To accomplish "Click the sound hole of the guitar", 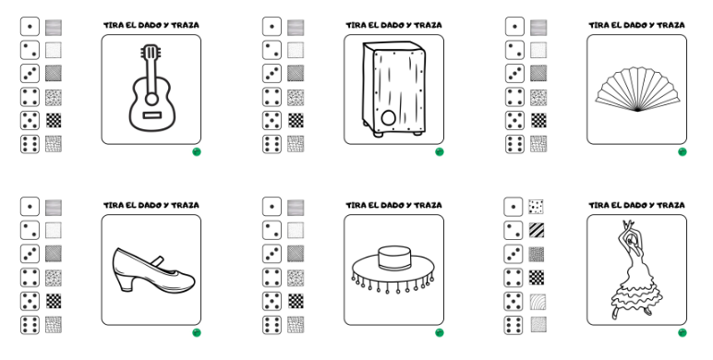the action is (151, 99).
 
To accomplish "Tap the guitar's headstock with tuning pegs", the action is (150, 52).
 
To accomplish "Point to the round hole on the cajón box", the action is (388, 118).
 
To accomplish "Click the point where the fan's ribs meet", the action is (637, 111).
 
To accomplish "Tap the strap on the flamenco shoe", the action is (157, 261).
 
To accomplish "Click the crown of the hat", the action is (394, 258).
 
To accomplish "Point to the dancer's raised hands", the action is (627, 225).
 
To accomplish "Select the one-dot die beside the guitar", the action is (30, 27).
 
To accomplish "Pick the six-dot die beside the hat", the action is (272, 325).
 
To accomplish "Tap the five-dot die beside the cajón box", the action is (272, 120).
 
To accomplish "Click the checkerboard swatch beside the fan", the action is (538, 120).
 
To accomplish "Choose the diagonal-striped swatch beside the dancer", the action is (537, 230).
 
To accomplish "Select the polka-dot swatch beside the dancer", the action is (537, 207).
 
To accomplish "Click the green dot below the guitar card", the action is (197, 151).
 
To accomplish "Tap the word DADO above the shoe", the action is (150, 206).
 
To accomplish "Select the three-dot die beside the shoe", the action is (30, 254).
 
